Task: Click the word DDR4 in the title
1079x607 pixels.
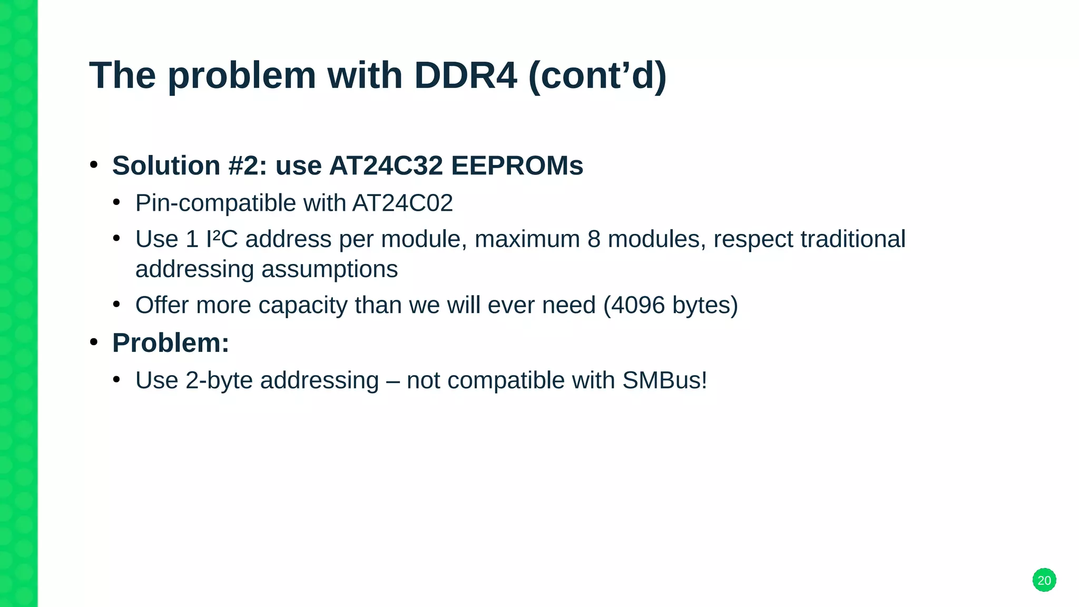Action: tap(465, 75)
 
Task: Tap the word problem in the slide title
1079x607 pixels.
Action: tap(241, 75)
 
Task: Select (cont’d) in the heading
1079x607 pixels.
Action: tap(597, 75)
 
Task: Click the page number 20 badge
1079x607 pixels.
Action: tap(1044, 580)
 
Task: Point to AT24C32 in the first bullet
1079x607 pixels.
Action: tap(386, 166)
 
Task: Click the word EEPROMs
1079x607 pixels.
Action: tap(517, 166)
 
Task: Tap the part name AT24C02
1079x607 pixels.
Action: tap(403, 203)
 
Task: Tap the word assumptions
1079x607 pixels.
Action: tap(329, 270)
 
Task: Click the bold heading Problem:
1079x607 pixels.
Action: tap(171, 343)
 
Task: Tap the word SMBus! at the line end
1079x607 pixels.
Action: tap(664, 380)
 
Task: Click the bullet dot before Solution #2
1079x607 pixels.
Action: tap(94, 165)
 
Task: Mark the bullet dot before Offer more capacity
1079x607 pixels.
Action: tap(117, 304)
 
